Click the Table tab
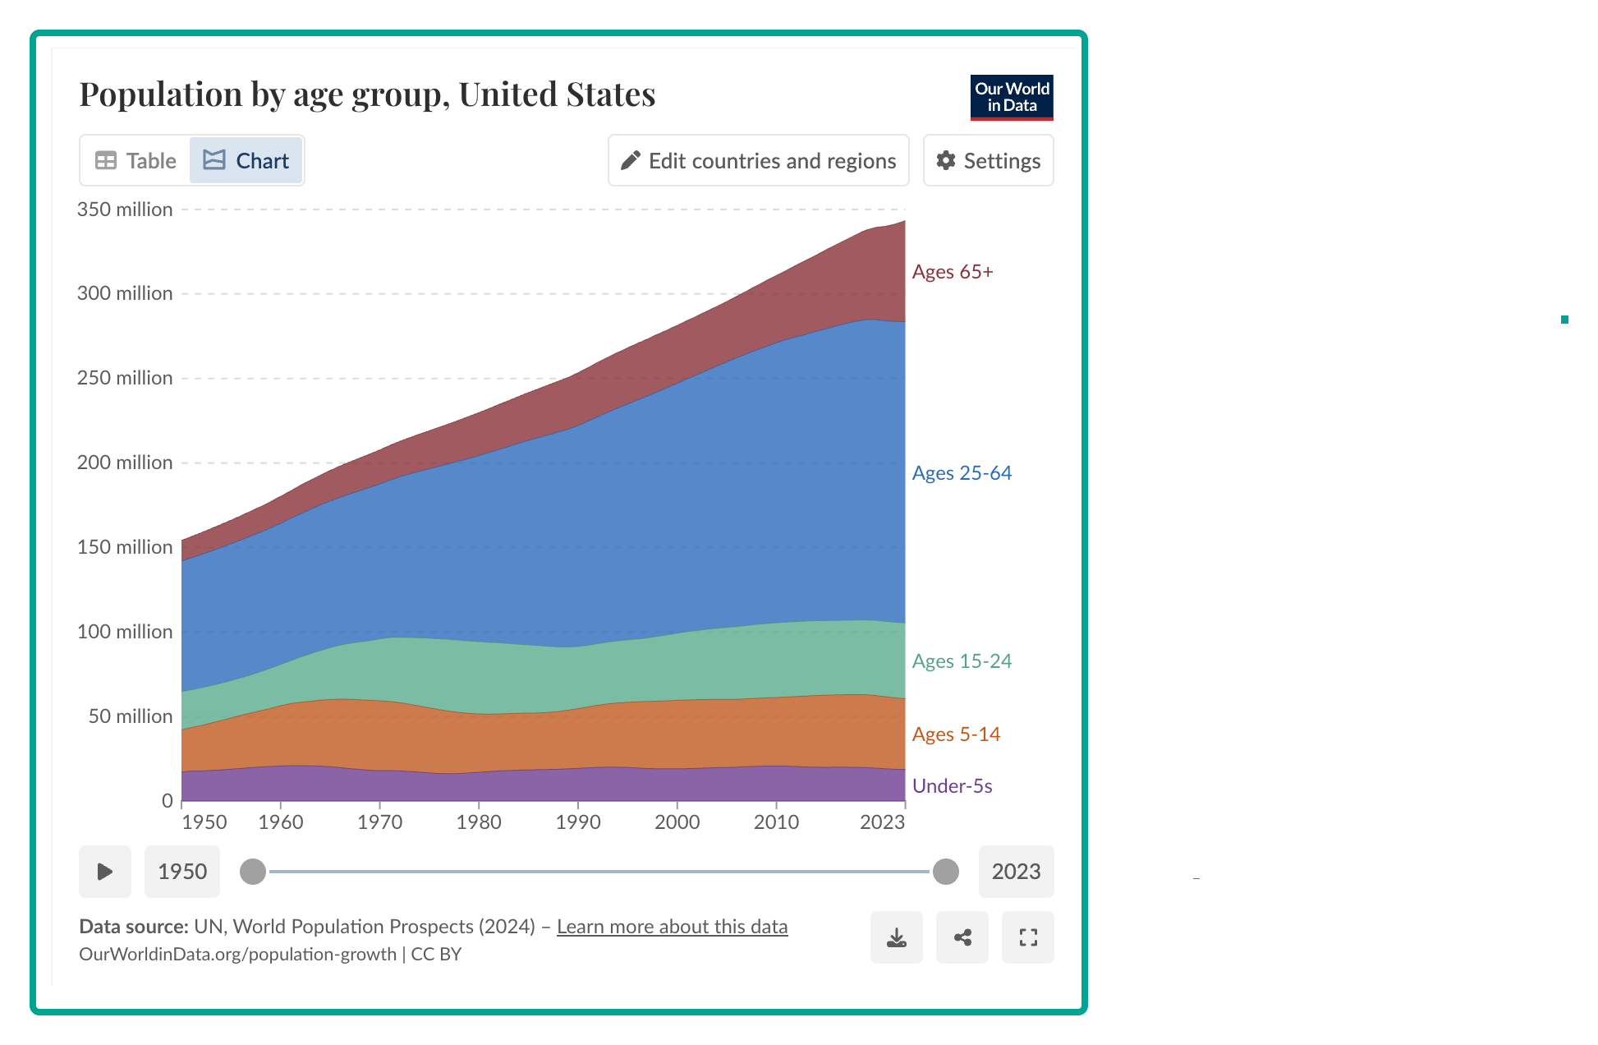click(135, 160)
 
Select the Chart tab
click(246, 160)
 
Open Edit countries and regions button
click(759, 160)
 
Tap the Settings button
click(989, 160)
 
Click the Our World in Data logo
click(1012, 98)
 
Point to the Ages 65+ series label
click(953, 272)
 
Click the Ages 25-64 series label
click(962, 473)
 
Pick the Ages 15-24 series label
click(962, 661)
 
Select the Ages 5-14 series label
click(956, 734)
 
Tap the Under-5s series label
click(952, 786)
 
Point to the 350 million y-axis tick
click(125, 209)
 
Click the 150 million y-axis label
click(125, 547)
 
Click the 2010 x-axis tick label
click(776, 822)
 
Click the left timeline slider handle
click(253, 872)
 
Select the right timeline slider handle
click(946, 872)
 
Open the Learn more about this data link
click(672, 927)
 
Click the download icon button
click(897, 937)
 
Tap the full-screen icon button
click(1028, 937)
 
